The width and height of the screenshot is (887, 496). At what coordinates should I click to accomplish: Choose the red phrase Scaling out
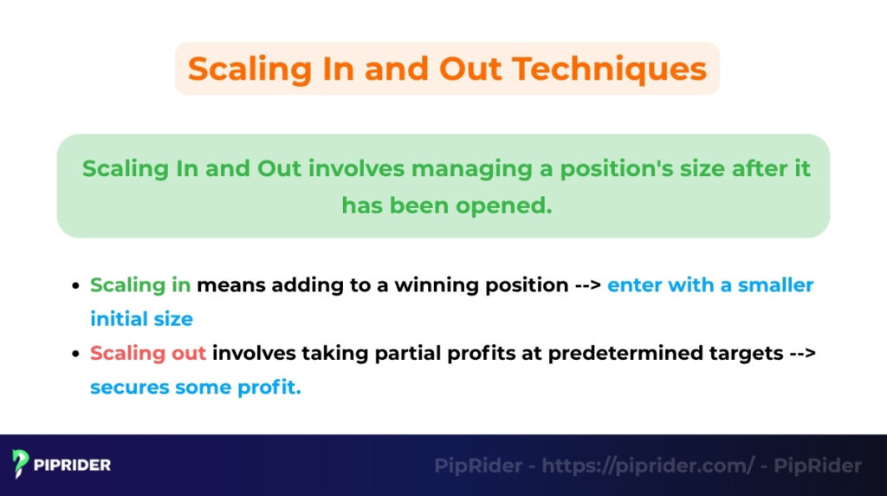pos(148,354)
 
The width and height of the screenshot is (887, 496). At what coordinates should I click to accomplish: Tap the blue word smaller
pos(775,285)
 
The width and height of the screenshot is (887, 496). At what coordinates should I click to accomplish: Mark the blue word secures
pos(129,388)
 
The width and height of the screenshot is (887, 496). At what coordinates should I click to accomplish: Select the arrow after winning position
pos(587,285)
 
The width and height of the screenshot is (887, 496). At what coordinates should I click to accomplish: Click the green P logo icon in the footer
pos(22,465)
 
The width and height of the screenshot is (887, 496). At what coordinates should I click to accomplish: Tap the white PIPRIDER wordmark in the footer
pos(73,466)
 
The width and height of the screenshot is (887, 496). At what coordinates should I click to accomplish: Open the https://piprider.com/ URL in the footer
pos(648,466)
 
